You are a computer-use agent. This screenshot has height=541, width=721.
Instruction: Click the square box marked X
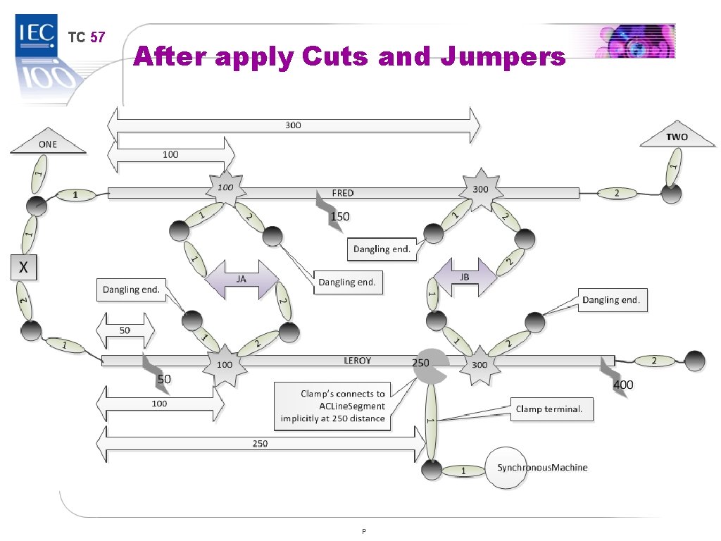coord(23,268)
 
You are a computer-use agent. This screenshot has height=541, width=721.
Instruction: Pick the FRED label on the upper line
coord(343,192)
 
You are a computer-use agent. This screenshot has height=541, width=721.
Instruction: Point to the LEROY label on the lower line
coord(357,361)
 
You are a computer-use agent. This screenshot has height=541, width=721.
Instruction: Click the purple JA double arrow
coord(241,278)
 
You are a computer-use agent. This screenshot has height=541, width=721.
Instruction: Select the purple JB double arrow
coord(465,278)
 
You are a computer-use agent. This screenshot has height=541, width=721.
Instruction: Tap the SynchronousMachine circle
coord(506,468)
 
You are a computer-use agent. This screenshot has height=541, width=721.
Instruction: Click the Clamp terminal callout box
coord(549,409)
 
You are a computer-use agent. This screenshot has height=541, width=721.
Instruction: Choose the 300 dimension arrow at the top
coord(293,125)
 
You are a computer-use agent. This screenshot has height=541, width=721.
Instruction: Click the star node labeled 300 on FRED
coord(480,189)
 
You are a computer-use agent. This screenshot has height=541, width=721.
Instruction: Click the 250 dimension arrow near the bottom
coord(261,444)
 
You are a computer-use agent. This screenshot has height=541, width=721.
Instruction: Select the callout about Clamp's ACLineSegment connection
coord(333,406)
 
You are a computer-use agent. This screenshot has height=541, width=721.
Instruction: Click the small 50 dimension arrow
coord(125,330)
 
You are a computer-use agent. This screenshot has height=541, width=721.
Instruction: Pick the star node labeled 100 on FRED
coord(225,188)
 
